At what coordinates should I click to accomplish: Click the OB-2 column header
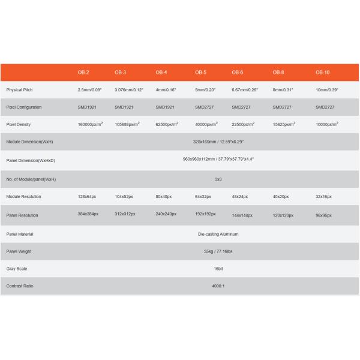point(83,72)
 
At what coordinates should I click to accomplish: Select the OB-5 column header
point(201,72)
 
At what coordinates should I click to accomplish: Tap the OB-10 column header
point(323,72)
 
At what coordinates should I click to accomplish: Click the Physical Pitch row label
point(19,89)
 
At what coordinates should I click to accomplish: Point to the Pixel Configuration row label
point(24,107)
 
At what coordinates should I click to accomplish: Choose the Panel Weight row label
point(19,251)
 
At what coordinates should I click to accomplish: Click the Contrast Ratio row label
point(20,286)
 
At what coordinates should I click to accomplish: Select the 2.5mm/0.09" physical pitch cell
point(90,89)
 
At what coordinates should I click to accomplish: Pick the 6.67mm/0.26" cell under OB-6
point(245,89)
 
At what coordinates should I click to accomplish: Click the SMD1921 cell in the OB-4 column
point(165,107)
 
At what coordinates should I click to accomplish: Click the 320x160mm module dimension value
point(218,142)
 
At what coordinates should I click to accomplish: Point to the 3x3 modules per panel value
point(218,179)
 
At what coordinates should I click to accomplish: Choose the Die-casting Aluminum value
point(218,234)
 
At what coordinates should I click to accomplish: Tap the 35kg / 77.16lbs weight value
point(218,251)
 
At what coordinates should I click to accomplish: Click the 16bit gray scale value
point(218,268)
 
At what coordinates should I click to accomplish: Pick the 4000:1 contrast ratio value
point(218,286)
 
